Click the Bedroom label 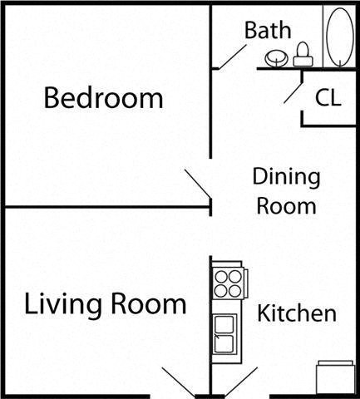(103, 99)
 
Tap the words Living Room (105, 304)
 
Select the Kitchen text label (297, 314)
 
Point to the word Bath (268, 32)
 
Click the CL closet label (328, 98)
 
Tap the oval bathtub (339, 36)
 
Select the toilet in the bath (302, 55)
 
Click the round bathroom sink (276, 59)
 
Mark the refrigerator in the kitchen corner (335, 376)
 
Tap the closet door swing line (293, 90)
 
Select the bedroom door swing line (197, 186)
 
